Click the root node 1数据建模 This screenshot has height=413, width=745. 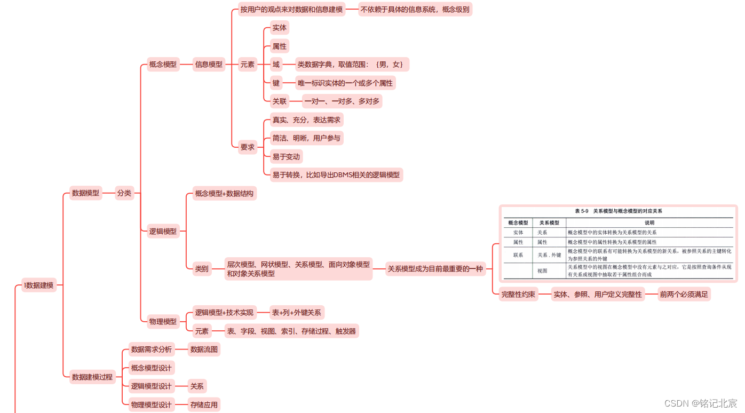tap(39, 285)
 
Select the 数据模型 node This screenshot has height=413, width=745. tap(85, 193)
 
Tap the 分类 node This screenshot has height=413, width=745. tap(124, 193)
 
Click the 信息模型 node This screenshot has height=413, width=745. tap(209, 65)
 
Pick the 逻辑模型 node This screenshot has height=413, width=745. tap(163, 232)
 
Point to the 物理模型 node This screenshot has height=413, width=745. tap(163, 321)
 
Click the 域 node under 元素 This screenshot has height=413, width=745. tap(276, 65)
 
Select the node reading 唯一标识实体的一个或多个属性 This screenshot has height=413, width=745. tap(345, 83)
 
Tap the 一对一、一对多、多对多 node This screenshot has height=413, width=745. tap(342, 101)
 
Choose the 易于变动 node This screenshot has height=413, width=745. tap(286, 156)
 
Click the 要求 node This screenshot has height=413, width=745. tap(247, 147)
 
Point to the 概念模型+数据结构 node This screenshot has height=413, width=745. tap(224, 193)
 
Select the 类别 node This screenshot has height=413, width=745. tap(202, 269)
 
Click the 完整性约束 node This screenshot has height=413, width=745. tap(518, 294)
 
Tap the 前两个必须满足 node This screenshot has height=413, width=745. tap(684, 294)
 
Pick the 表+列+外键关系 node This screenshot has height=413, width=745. tap(296, 313)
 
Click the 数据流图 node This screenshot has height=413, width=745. tap(204, 350)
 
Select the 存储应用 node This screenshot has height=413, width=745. tap(204, 404)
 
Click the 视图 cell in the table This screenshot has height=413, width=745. tap(542, 271)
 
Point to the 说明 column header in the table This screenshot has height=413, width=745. tap(649, 223)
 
